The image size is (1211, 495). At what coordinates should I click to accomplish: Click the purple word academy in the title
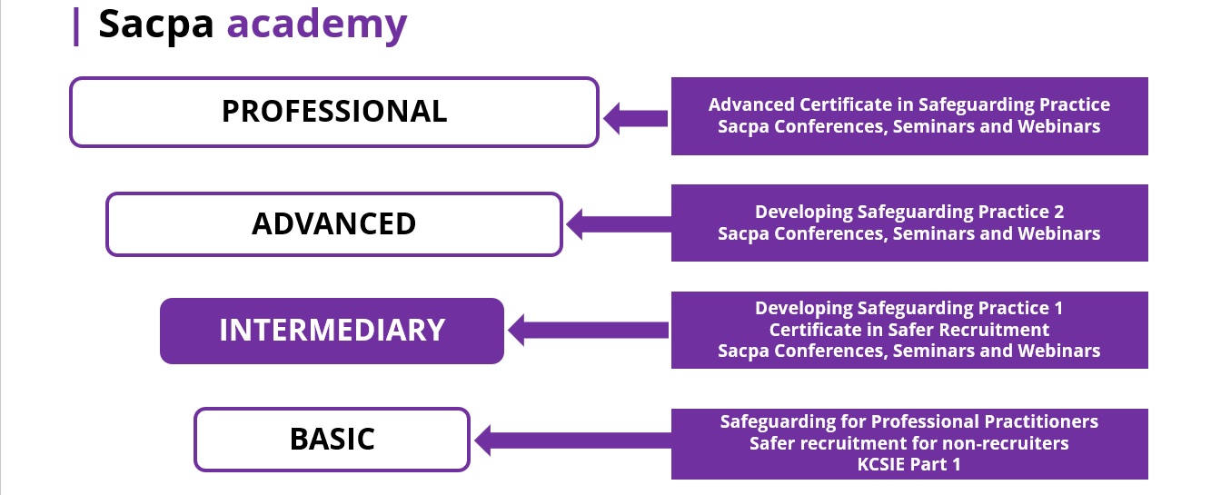[316, 25]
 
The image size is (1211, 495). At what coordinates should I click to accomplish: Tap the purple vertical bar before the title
[76, 25]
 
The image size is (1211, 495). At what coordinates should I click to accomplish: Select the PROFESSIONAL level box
[334, 111]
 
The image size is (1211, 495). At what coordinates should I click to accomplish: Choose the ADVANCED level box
[334, 223]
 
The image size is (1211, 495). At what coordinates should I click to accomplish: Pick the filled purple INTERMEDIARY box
[332, 330]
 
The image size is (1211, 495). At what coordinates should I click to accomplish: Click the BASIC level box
[332, 440]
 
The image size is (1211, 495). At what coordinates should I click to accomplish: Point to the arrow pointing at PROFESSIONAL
[636, 118]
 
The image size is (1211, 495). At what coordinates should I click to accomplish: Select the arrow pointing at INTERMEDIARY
[588, 329]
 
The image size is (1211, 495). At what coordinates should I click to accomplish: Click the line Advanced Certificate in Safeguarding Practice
[908, 104]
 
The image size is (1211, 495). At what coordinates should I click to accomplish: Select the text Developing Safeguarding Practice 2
[908, 212]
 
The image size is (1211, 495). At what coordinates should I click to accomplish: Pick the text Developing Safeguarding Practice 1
[908, 308]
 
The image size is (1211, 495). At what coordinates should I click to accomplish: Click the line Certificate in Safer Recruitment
[908, 330]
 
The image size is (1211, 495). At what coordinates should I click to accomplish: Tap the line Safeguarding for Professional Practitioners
[908, 421]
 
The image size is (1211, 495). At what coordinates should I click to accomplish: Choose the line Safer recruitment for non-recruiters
[908, 443]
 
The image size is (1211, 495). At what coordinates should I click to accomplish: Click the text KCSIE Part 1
[908, 465]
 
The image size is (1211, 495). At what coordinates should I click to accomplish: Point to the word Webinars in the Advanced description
[1062, 233]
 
